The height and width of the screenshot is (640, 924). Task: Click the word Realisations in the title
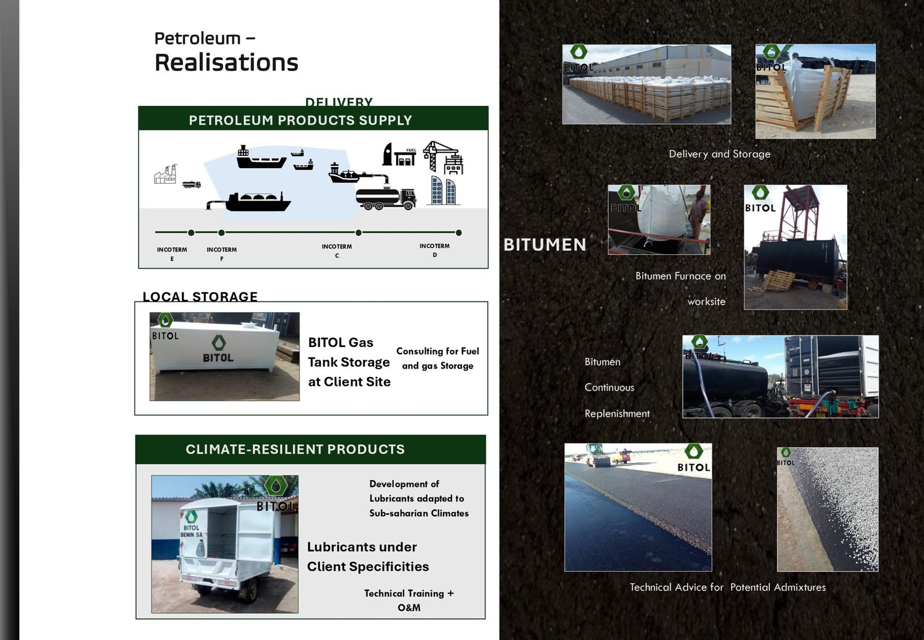tap(226, 63)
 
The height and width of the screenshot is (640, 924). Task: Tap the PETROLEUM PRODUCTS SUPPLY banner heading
tap(300, 120)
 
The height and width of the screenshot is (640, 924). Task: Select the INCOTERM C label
tap(337, 251)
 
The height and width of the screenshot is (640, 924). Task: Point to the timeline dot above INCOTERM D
tap(459, 233)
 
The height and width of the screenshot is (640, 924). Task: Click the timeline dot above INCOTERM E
tap(191, 233)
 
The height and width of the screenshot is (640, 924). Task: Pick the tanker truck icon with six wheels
tap(386, 199)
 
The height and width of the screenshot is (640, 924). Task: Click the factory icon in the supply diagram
tap(165, 174)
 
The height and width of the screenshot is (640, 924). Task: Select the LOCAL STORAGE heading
tap(200, 297)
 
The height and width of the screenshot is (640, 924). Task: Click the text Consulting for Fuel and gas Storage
tap(438, 358)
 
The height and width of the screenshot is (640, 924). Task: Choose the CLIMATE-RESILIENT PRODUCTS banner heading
tap(295, 449)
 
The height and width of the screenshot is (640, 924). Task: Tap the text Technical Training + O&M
tap(409, 600)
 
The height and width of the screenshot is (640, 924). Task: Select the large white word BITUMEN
tap(545, 245)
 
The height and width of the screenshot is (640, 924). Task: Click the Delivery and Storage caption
tap(720, 154)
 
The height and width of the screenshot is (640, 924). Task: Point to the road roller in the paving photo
tap(598, 456)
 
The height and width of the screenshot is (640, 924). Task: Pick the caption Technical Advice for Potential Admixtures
tap(728, 587)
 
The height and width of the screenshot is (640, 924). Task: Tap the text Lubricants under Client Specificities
tap(367, 557)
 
